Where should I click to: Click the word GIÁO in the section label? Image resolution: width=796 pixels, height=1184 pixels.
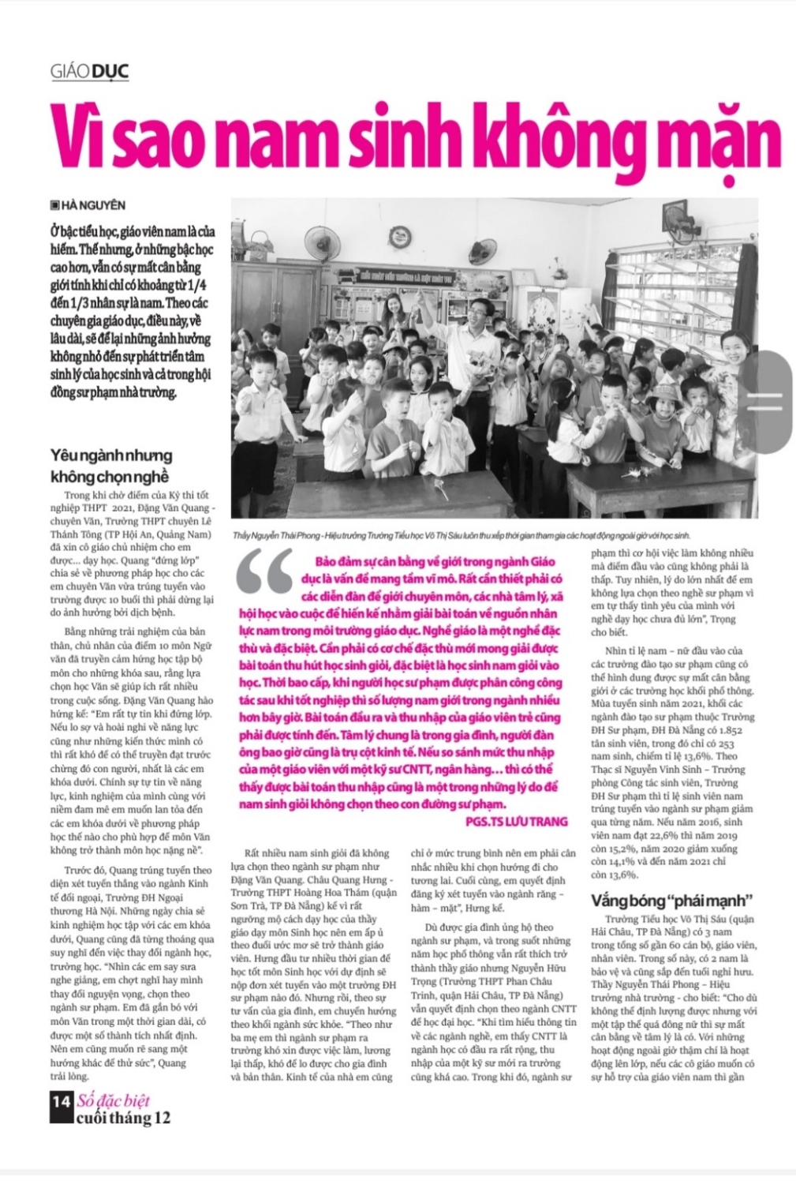point(69,73)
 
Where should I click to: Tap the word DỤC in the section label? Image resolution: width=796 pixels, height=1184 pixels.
point(110,73)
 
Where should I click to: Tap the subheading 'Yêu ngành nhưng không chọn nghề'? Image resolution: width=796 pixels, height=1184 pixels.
point(110,466)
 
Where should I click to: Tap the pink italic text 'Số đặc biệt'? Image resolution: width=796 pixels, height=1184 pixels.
point(114,1100)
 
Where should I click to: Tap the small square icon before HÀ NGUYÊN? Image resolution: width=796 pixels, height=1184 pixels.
point(54,205)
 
